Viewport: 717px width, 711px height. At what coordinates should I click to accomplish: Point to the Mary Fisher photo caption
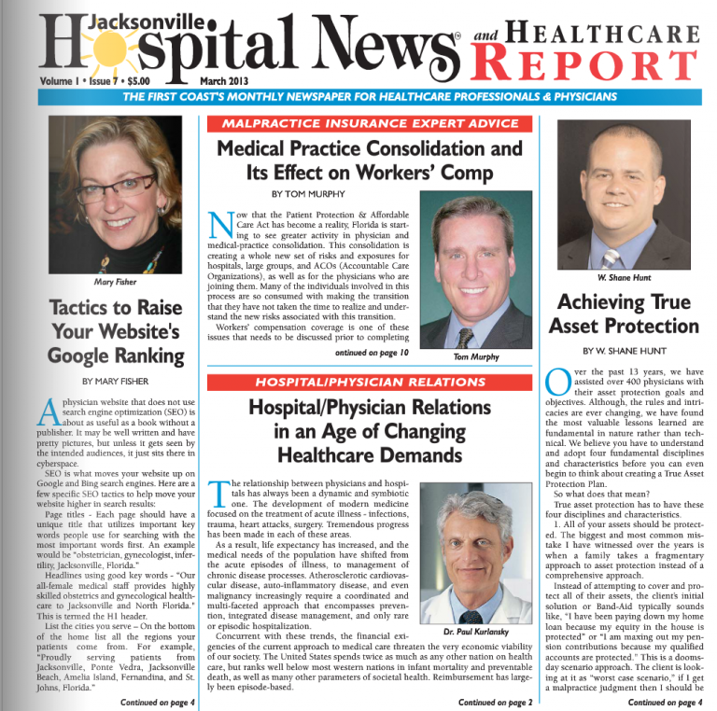pyautogui.click(x=115, y=281)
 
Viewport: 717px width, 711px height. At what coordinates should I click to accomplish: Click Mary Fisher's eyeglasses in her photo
pyautogui.click(x=114, y=186)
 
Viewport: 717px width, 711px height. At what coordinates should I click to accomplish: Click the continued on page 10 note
pyautogui.click(x=372, y=353)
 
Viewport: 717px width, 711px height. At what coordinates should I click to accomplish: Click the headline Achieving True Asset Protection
pyautogui.click(x=623, y=314)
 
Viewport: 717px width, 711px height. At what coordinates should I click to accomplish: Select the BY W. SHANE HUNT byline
pyautogui.click(x=623, y=351)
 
